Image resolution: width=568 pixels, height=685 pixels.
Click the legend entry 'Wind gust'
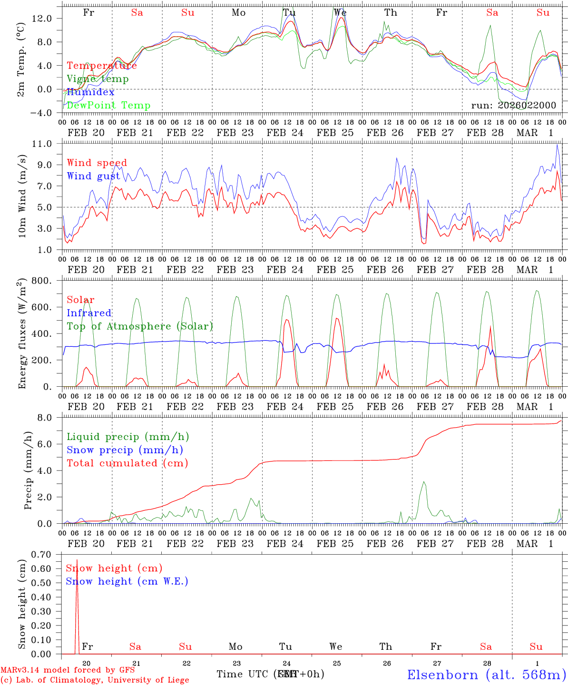coord(93,176)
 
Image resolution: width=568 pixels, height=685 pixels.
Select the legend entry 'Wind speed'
coord(97,163)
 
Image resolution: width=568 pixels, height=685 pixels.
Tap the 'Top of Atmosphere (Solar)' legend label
coord(139,326)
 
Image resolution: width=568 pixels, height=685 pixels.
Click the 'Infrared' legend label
coord(89,313)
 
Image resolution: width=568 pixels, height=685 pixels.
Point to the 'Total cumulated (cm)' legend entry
coord(127,463)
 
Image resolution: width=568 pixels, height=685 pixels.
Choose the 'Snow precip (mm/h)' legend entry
coord(125,450)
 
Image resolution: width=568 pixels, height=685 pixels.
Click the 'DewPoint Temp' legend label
coord(108,105)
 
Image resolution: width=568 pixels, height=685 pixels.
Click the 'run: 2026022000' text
coord(513,105)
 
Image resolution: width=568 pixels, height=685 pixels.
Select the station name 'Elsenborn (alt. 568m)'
coord(486,674)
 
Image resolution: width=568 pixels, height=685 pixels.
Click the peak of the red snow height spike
coord(77,560)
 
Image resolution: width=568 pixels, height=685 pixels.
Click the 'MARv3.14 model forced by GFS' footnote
coord(68,670)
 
